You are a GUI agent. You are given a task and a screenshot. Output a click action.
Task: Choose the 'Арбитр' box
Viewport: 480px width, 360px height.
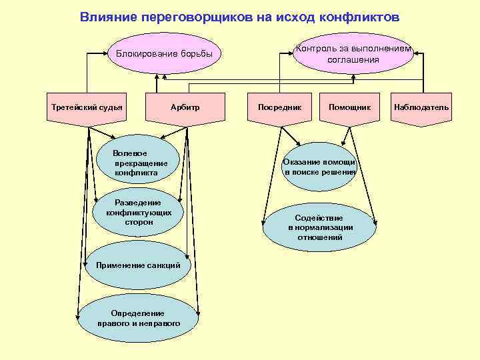(185, 108)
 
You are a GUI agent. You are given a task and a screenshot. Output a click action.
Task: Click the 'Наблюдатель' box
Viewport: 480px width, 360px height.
(421, 108)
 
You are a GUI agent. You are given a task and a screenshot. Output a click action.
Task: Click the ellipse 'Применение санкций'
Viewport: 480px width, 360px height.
(138, 265)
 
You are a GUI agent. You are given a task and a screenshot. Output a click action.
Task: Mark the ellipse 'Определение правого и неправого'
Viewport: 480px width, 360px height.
(138, 318)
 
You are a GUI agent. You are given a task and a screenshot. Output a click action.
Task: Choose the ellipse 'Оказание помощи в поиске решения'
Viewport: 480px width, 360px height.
(319, 167)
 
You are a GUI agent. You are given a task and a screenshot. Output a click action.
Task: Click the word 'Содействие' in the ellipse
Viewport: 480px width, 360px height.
(319, 218)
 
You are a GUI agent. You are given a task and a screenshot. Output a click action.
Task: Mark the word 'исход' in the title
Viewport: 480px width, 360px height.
(298, 17)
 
